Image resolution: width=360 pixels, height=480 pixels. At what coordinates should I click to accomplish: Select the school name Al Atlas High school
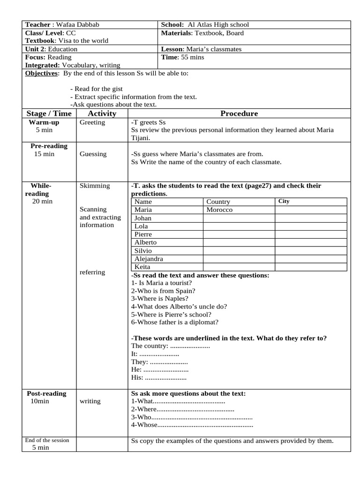click(x=218, y=25)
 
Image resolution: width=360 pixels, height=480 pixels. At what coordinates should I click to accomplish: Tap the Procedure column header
click(x=239, y=113)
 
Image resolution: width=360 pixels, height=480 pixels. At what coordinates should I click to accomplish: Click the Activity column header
click(x=102, y=113)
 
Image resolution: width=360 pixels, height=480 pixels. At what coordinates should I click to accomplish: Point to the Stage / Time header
click(x=49, y=113)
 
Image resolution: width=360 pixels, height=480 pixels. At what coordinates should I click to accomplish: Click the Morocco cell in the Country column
click(x=219, y=210)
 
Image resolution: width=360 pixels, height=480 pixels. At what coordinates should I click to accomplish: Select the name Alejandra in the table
click(x=149, y=259)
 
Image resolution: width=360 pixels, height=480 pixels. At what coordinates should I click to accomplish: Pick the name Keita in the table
click(x=142, y=267)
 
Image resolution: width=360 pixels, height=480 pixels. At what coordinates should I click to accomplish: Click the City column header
click(x=284, y=202)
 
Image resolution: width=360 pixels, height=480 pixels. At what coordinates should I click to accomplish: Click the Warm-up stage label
click(x=44, y=122)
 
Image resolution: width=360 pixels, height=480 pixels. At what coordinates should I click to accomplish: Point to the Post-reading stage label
click(x=45, y=393)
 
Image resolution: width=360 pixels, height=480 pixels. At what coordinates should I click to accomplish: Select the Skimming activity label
click(x=95, y=186)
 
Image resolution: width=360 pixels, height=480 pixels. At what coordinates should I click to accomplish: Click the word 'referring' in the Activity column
click(x=92, y=272)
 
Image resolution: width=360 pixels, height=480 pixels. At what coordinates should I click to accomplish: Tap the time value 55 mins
click(x=192, y=57)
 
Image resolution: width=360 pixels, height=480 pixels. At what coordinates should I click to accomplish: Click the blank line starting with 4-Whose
click(x=192, y=425)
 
